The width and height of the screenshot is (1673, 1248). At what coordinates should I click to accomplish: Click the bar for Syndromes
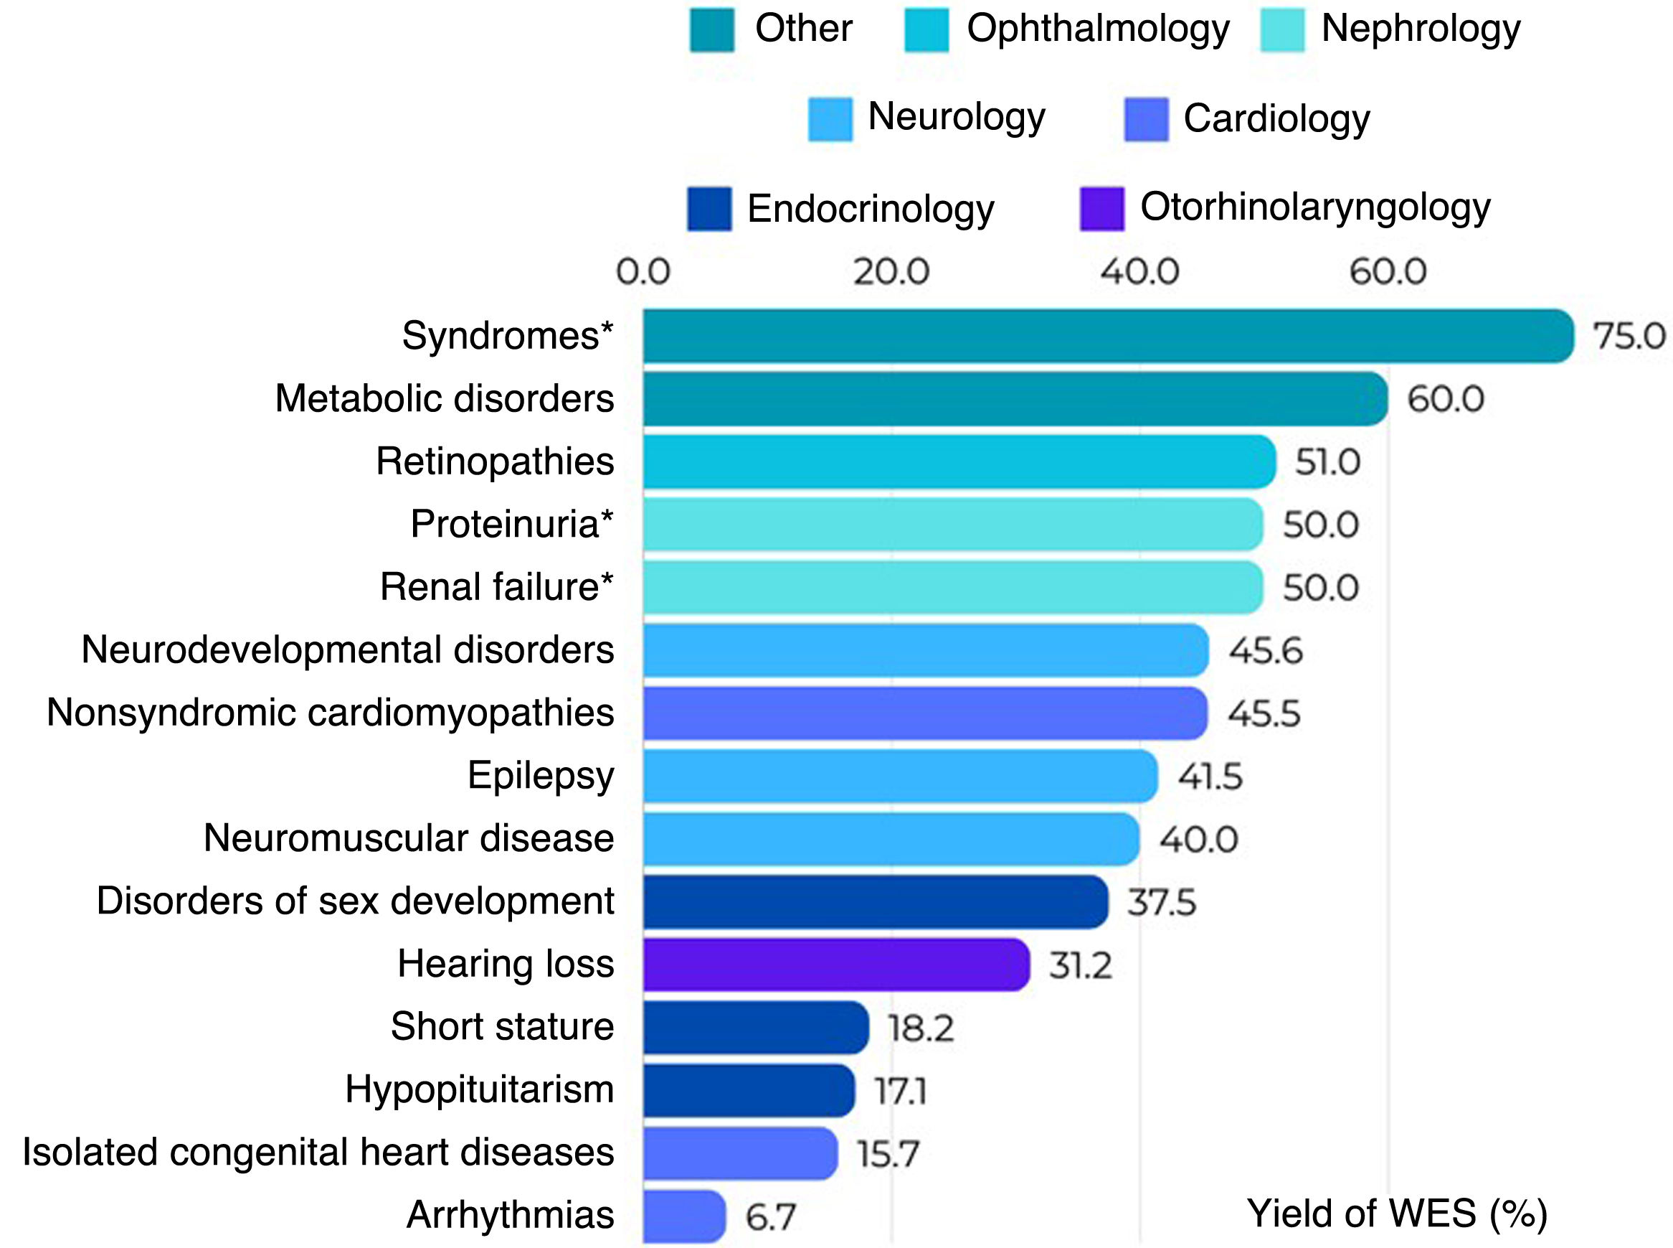(1109, 336)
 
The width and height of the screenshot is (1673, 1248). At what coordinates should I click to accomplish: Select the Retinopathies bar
(959, 461)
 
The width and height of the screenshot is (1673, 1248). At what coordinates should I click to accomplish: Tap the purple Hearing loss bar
(836, 965)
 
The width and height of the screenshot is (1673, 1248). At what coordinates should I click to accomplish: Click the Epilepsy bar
(900, 777)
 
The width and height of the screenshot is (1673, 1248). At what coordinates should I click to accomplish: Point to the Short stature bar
(756, 1028)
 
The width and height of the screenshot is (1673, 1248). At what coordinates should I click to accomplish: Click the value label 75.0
(1629, 336)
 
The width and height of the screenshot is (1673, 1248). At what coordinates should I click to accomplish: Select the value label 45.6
(1265, 650)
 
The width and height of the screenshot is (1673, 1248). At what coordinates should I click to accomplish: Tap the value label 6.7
(770, 1217)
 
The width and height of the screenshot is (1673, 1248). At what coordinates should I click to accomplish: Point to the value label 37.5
(1161, 902)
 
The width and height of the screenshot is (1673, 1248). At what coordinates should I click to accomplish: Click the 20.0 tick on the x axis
(891, 272)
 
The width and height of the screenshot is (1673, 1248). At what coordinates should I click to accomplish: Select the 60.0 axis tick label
(1388, 272)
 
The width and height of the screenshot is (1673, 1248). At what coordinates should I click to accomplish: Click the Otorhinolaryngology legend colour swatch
(1102, 209)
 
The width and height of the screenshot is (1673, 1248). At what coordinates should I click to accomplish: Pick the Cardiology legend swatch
(1146, 119)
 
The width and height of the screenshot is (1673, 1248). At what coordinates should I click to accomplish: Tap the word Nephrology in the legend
(1421, 29)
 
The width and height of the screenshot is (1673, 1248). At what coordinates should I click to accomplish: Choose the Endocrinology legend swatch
(710, 209)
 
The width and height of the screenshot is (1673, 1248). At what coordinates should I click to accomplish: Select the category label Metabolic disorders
(445, 399)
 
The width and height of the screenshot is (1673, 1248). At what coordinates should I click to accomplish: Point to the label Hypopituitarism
(480, 1090)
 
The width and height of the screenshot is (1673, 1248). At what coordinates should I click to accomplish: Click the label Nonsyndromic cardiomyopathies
(331, 713)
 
